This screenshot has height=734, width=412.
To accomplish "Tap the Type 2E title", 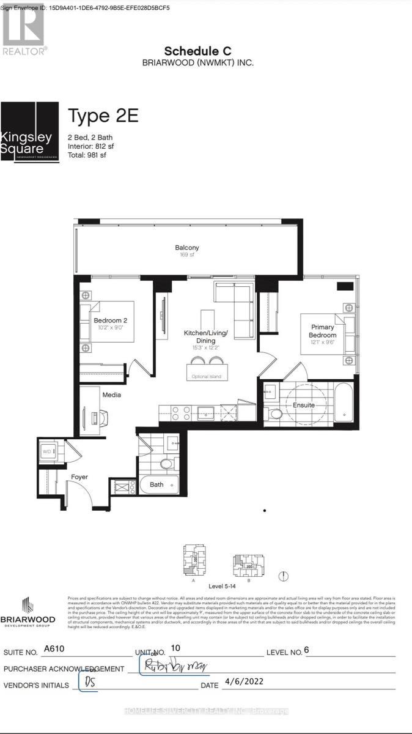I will (103, 116).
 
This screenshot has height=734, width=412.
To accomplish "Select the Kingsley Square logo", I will (29, 131).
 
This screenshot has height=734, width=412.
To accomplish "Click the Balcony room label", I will (187, 248).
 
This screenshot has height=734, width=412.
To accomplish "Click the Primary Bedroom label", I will (322, 331).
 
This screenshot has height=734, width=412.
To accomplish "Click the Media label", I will (111, 395).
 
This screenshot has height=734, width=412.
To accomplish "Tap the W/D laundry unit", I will (48, 452).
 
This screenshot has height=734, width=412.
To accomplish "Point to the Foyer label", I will (79, 476).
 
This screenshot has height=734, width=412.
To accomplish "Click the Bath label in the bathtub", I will (156, 485).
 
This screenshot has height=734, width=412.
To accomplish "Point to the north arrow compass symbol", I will (284, 576).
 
